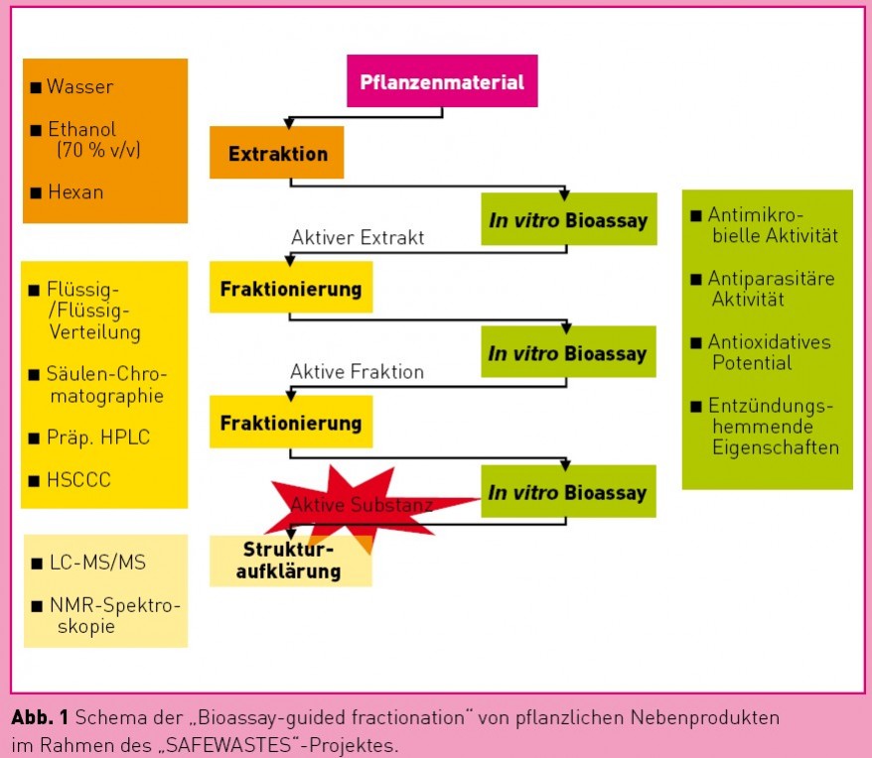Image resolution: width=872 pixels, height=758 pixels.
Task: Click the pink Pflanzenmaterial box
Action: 442,81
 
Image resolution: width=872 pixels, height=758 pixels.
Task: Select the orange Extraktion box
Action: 277,154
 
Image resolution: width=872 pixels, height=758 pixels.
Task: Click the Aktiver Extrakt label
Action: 358,237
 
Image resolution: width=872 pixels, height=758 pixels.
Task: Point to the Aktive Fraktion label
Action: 357,372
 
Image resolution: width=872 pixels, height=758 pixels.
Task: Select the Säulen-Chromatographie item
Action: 104,385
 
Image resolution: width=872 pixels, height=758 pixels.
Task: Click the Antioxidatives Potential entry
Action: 770,352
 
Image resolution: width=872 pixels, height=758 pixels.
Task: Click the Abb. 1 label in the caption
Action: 40,718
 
